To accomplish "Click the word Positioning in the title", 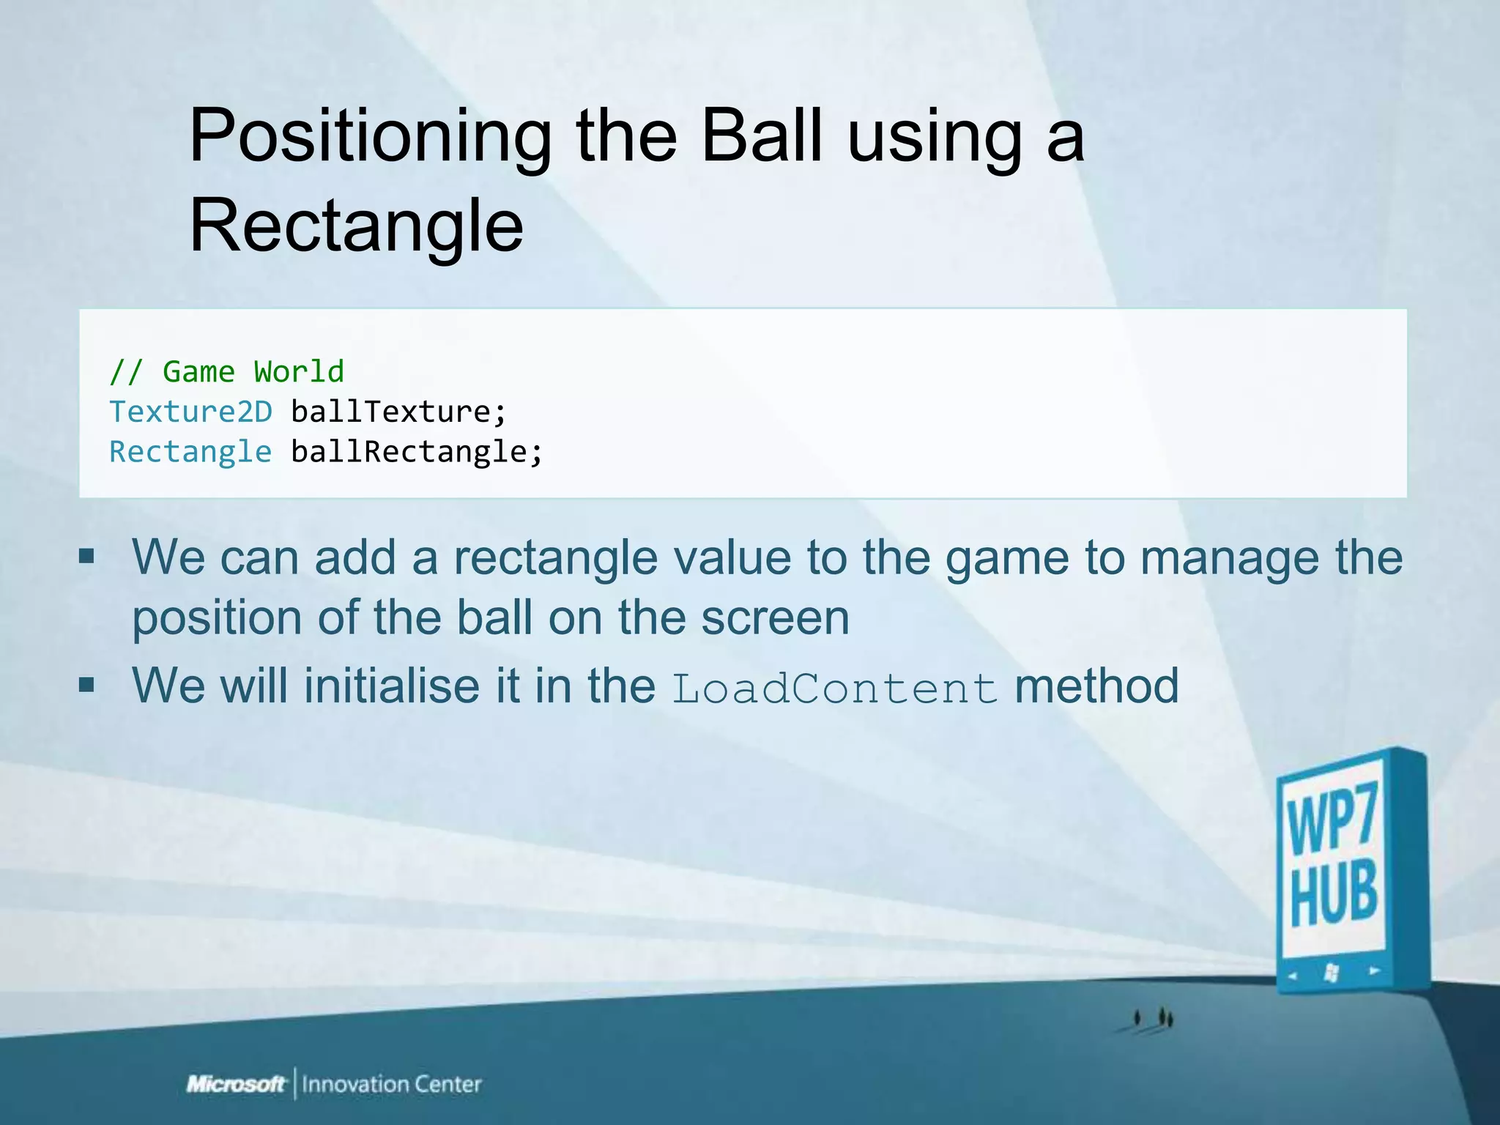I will (x=370, y=137).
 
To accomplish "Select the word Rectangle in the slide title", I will (x=357, y=227).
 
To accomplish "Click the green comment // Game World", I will (x=226, y=372).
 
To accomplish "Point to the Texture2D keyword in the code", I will (x=190, y=412).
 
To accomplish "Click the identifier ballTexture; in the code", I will (x=398, y=412).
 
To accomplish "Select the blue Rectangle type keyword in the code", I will (x=190, y=452).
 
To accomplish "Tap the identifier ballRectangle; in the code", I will (x=417, y=452).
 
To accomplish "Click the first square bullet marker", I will (x=87, y=557).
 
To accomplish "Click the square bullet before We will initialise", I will (x=87, y=686).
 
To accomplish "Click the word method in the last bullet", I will (x=1096, y=686).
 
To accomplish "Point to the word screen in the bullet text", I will (x=775, y=617).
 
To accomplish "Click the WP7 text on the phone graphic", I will (x=1332, y=819).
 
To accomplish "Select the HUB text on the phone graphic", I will (x=1333, y=895).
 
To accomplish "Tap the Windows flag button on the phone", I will (x=1332, y=973).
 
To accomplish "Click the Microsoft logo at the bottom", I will (x=236, y=1084).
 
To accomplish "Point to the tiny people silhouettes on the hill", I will (x=1152, y=1018).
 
